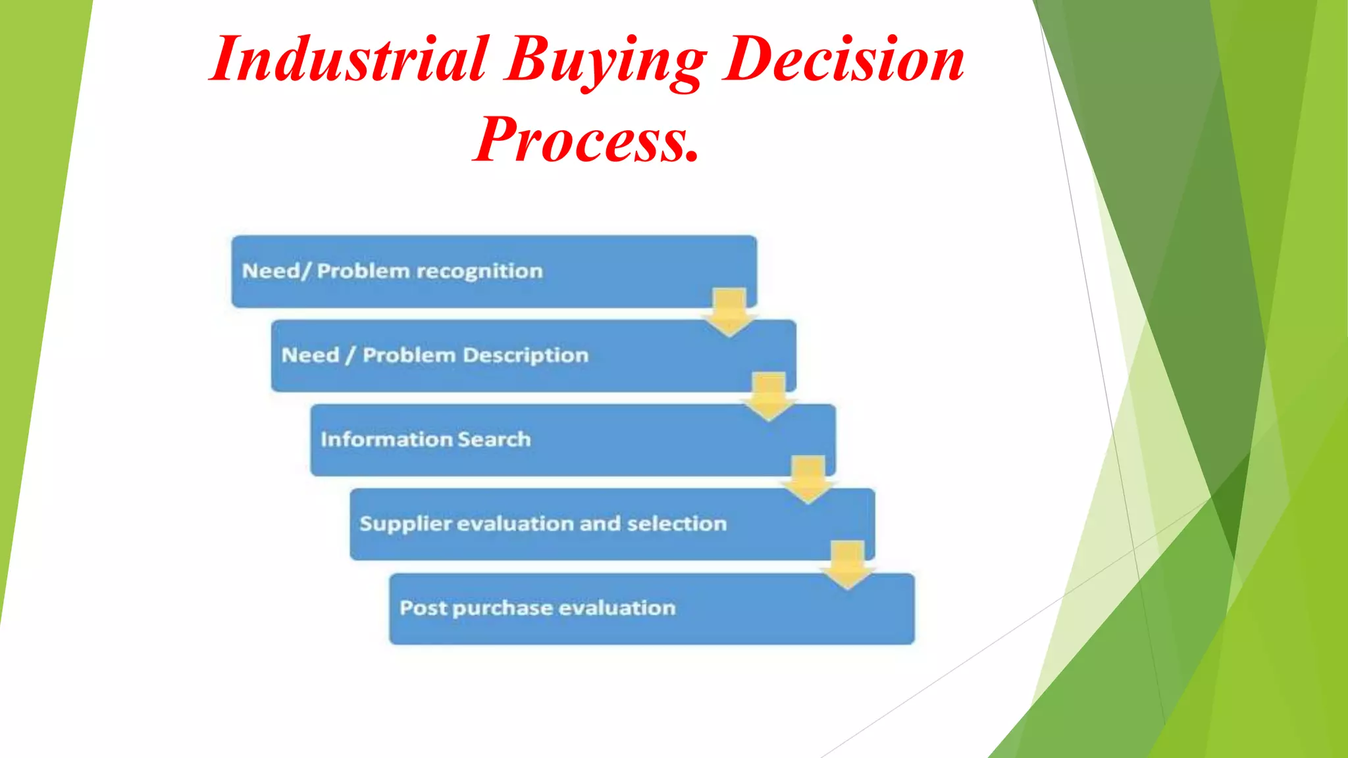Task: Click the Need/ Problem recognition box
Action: point(494,271)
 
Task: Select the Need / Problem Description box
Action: point(533,355)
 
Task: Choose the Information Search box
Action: point(573,440)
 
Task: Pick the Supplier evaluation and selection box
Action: point(612,524)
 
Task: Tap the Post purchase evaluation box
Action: point(652,608)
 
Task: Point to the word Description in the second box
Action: point(525,355)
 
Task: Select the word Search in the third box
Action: point(494,440)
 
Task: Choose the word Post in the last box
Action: point(423,608)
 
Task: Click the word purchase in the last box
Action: point(502,609)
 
